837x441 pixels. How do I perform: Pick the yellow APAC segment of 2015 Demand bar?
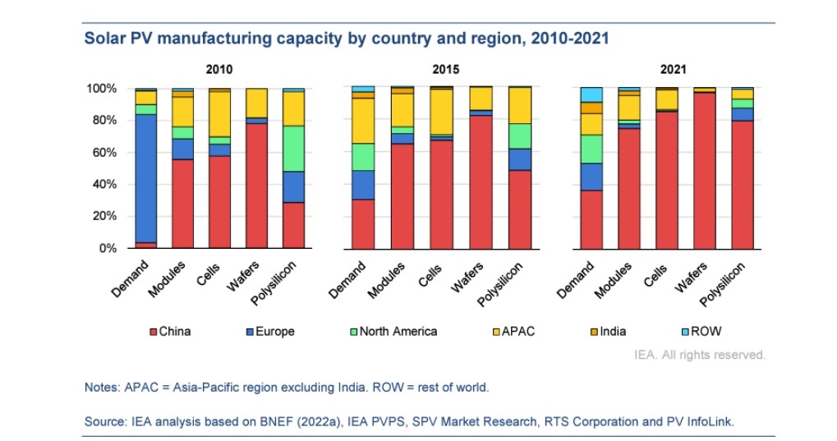362,121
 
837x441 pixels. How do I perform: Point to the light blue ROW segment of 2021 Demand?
591,94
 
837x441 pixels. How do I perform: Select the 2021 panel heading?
670,70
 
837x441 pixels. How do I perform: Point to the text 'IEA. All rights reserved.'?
700,355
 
